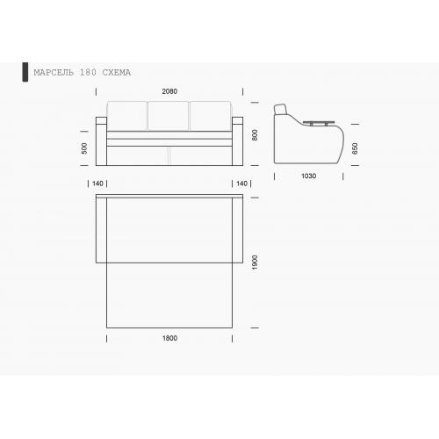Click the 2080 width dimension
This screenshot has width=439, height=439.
point(169,91)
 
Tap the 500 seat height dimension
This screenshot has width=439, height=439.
point(84,148)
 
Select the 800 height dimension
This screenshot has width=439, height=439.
point(255,135)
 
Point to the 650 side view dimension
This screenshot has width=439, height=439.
point(355,148)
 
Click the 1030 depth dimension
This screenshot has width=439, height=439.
point(308,176)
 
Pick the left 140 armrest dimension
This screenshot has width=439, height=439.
point(97,184)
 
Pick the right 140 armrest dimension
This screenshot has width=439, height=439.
point(241,184)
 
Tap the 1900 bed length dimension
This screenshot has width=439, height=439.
point(255,263)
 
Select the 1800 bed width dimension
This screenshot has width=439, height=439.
point(169,338)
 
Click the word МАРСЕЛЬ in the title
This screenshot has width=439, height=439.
point(54,72)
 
